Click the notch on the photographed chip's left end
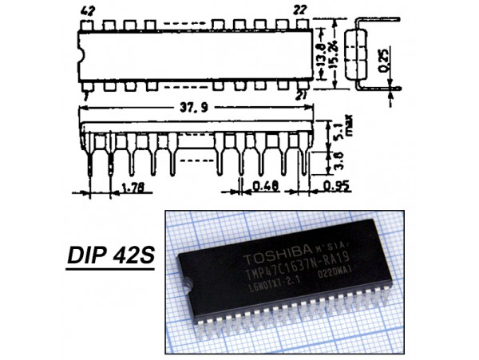[x=184, y=285]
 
